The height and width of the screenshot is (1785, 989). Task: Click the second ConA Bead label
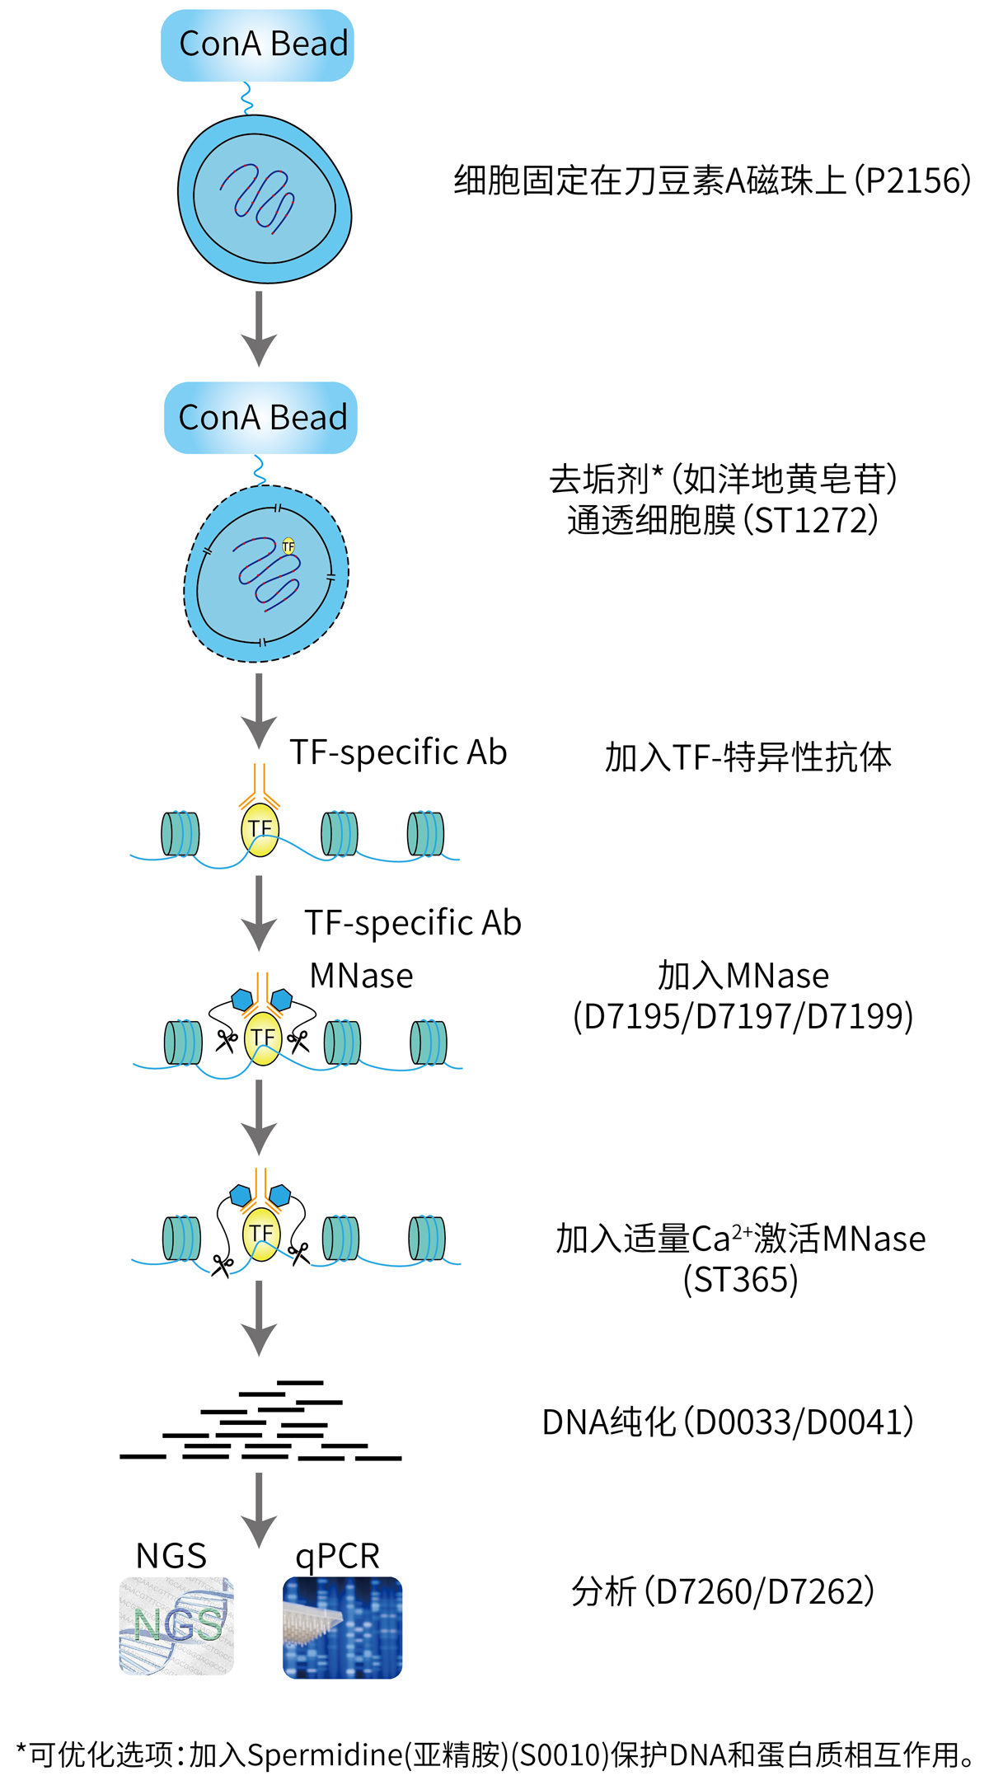[x=261, y=418]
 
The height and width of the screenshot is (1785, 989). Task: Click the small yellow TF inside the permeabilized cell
[x=288, y=546]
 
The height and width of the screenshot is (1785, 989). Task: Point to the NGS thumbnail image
[x=176, y=1626]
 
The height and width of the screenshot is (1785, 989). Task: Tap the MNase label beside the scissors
[x=361, y=976]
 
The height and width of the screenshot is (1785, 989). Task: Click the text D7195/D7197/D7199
[x=743, y=1016]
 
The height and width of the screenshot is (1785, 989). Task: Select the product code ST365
[x=740, y=1280]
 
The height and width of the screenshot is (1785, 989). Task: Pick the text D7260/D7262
[x=758, y=1591]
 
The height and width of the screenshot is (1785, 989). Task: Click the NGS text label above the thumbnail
[x=171, y=1556]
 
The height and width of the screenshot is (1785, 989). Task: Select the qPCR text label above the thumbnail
[x=337, y=1556]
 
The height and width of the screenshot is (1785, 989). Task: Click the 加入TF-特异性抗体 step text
[x=748, y=757]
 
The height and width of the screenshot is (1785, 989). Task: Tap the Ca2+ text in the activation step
[x=721, y=1239]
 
